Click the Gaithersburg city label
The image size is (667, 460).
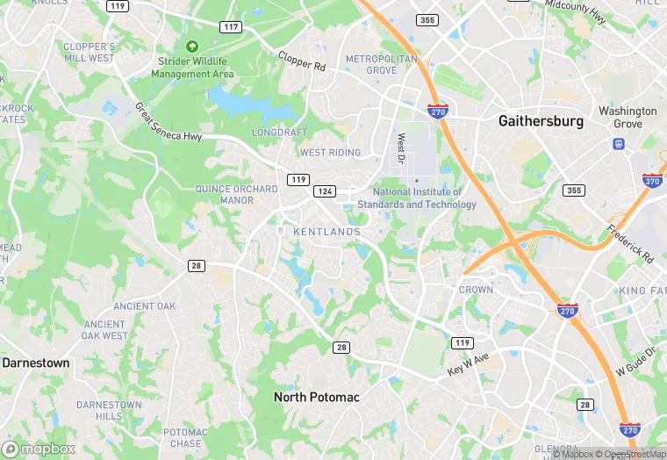[x=541, y=121]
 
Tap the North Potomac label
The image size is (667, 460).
[x=316, y=397]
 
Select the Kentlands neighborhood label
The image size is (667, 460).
[x=326, y=231]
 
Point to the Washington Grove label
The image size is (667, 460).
[x=628, y=117]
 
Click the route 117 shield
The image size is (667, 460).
[x=231, y=27]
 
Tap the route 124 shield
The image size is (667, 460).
[x=326, y=191]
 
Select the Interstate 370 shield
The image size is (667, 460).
[x=652, y=181]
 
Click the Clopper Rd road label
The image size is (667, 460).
[x=302, y=61]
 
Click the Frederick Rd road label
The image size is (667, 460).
[x=629, y=244]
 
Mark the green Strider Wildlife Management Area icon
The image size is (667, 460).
[x=192, y=46]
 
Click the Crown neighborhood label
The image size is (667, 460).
[x=477, y=289]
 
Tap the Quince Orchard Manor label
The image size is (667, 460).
[x=225, y=193]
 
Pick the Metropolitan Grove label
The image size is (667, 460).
[x=381, y=64]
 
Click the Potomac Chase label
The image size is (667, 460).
[x=185, y=438]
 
